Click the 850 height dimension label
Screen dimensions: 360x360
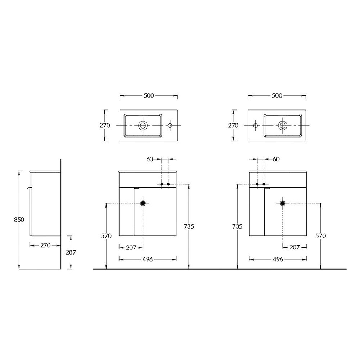[x=19, y=220]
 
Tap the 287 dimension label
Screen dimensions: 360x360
[x=71, y=252]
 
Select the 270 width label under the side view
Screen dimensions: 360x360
[x=45, y=245]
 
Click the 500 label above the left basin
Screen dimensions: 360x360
[x=149, y=95]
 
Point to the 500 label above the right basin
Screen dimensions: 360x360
[x=277, y=95]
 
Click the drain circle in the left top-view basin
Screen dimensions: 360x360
[x=143, y=125]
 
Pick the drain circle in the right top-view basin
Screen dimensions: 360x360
[x=283, y=125]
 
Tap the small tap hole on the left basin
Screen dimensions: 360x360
[x=170, y=125]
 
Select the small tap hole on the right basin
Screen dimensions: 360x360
[x=255, y=125]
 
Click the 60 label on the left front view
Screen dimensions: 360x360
[x=150, y=159]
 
